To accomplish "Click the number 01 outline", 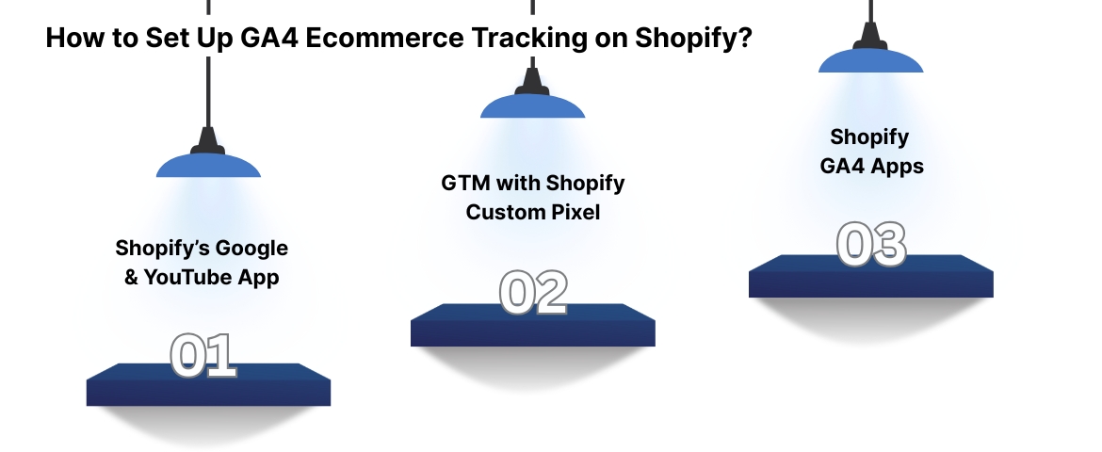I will point(203,355).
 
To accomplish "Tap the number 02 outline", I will point(532,293).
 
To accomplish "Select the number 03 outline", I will point(871,244).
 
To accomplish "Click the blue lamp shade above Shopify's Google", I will point(207,167).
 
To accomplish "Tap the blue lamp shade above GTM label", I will point(532,106).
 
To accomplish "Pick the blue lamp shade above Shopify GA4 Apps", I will point(870,61).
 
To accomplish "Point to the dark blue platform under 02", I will point(532,326).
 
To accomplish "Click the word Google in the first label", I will point(252,249).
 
